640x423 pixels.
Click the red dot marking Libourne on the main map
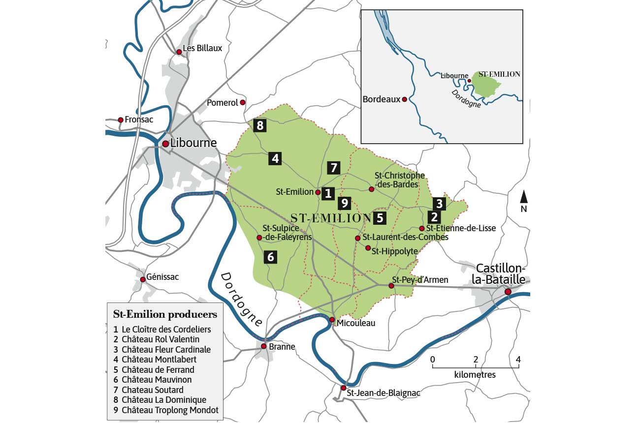tap(165, 144)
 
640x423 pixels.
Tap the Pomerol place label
tap(223, 103)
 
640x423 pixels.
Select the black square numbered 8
tap(260, 125)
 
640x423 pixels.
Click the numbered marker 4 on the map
tap(275, 158)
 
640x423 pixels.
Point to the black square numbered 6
tap(270, 256)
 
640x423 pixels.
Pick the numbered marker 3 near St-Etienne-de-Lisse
tap(440, 203)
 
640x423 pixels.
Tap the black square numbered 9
tap(344, 203)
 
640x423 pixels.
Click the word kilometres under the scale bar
tap(475, 375)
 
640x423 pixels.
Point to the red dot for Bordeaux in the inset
tap(404, 99)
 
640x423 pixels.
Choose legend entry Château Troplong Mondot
tap(170, 410)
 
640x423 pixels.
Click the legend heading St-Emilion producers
tap(165, 314)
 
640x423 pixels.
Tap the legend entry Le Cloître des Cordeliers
tap(166, 329)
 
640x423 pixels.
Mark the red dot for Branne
tap(264, 346)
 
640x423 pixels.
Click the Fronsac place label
tap(139, 120)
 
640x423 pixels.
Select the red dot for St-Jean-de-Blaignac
tap(343, 388)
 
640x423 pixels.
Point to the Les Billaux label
tap(202, 48)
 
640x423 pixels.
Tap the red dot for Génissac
tap(143, 279)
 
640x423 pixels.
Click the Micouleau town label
tap(356, 323)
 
